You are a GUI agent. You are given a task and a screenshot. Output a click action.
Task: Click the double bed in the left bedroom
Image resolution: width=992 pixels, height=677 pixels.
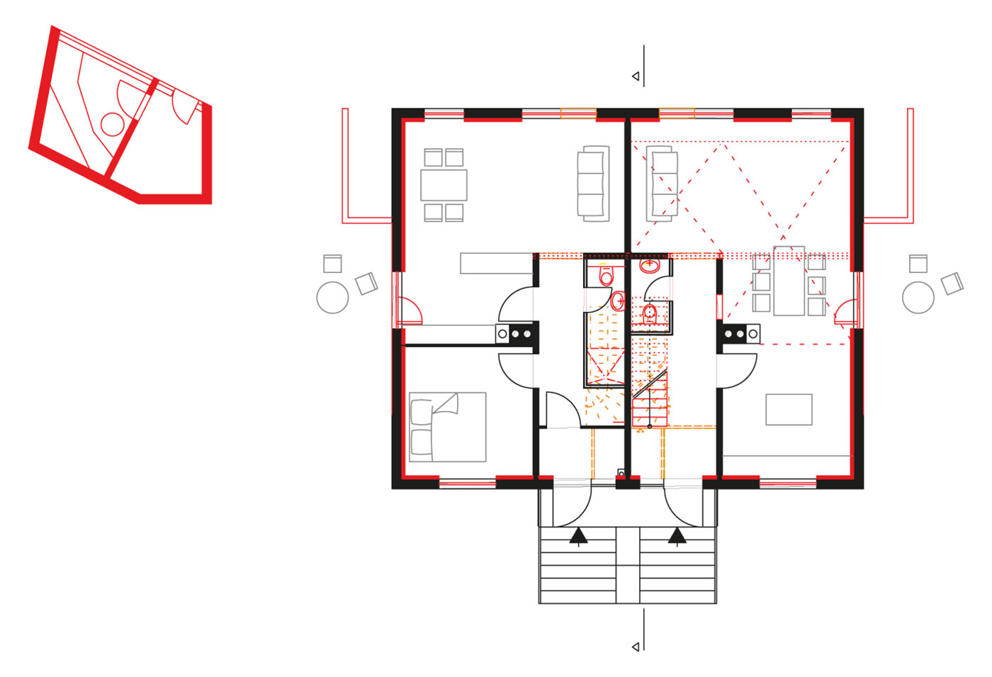coord(447,427)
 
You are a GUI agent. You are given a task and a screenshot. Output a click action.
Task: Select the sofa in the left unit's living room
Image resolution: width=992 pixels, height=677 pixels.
coord(593,184)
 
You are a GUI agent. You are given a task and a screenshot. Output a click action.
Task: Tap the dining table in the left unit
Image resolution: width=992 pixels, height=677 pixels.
coord(444,185)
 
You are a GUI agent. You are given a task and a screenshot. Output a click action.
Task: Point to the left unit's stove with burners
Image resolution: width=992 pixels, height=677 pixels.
coord(517,333)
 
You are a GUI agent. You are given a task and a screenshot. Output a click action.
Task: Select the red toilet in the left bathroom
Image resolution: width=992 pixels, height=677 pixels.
coord(606,275)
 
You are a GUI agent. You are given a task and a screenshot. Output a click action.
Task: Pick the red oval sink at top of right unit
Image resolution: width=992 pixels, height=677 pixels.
coord(650,265)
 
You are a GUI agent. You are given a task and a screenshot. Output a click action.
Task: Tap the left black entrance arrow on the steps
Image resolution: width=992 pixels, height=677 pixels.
coord(579,536)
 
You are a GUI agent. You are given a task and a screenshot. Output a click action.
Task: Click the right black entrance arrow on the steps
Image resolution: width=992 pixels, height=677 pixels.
coord(677,536)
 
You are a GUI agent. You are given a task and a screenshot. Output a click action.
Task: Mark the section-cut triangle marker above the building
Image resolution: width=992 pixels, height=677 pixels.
coord(636,77)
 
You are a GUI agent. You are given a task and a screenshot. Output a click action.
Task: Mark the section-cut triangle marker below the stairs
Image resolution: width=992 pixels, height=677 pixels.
coord(636,647)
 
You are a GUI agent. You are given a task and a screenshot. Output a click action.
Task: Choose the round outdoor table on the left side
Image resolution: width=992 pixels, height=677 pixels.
coord(332,298)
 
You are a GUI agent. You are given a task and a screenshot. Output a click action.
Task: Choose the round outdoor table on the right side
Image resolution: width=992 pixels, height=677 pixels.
coord(918,298)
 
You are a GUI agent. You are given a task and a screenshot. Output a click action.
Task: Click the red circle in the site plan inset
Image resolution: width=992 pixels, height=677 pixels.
coord(112,124)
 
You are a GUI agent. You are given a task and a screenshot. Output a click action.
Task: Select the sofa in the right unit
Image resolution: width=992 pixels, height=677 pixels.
coord(662,184)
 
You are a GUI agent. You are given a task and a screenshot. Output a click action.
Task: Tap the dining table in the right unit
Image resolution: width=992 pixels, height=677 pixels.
coord(789,281)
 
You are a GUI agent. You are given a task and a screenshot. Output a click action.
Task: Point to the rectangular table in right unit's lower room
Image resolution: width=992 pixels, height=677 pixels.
coord(789,410)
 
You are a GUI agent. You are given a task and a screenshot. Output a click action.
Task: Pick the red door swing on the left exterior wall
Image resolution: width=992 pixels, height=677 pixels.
coord(410,309)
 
